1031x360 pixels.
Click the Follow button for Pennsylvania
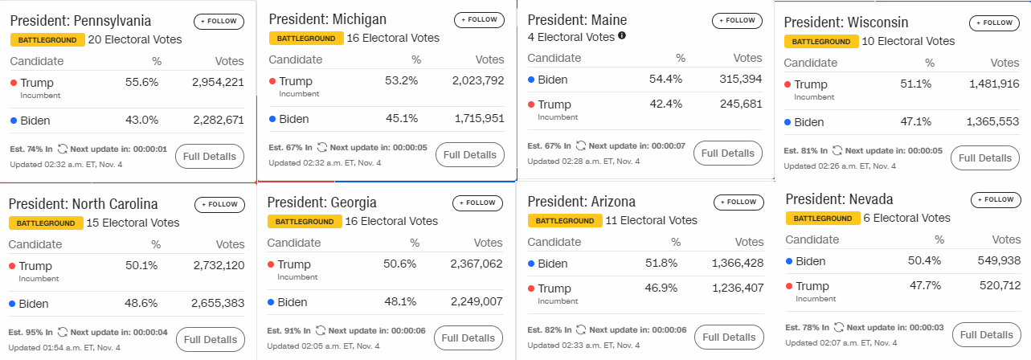219,21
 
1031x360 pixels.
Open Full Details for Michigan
470,154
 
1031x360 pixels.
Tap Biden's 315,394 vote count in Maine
741,80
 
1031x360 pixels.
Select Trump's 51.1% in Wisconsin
915,84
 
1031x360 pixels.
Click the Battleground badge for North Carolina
46,223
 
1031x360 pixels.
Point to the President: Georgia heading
321,202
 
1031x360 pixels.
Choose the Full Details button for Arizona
729,337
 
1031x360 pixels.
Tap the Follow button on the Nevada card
996,200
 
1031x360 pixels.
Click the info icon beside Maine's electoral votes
622,35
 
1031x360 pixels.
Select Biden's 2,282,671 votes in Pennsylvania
218,121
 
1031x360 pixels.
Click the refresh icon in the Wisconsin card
837,150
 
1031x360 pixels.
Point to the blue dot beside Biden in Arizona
531,264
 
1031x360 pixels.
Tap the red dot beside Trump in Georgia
272,264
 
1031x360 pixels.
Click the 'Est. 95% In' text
31,333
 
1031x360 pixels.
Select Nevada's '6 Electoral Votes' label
906,218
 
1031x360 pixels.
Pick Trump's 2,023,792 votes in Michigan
478,80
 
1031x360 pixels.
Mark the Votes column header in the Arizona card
749,242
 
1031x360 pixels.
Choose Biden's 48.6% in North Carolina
141,303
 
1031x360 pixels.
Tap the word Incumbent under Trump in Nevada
816,299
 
